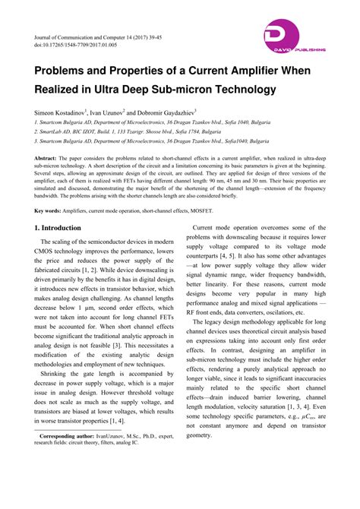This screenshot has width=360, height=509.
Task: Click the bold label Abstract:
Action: click(48, 157)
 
